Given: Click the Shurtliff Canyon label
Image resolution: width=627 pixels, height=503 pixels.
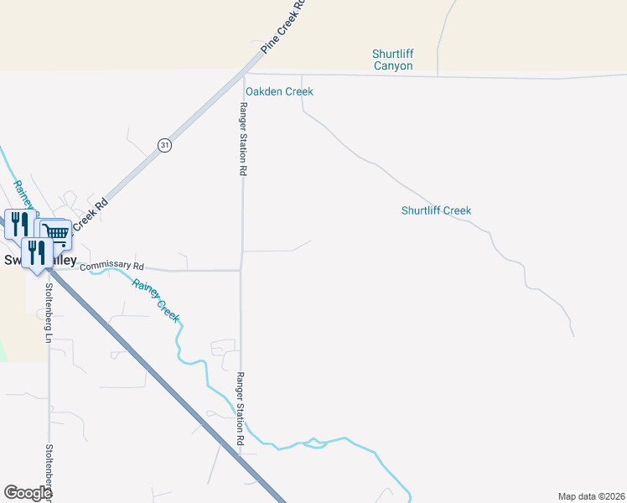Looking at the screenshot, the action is click(x=393, y=60).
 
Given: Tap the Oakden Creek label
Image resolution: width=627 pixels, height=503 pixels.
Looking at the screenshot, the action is click(x=279, y=91).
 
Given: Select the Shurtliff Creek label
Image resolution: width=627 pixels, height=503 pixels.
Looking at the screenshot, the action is click(x=436, y=210).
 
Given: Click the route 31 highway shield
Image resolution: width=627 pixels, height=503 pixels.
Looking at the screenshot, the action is click(x=164, y=145).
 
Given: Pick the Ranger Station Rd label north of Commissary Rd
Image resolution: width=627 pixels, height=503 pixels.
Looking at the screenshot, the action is click(x=243, y=138).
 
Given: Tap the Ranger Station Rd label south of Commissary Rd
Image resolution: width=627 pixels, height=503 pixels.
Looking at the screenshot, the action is click(x=241, y=408).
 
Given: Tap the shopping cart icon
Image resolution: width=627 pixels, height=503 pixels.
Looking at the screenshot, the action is click(x=56, y=231).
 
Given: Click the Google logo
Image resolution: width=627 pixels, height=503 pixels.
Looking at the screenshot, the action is click(x=28, y=493).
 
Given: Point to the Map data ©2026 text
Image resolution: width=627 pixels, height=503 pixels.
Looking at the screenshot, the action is click(x=591, y=496).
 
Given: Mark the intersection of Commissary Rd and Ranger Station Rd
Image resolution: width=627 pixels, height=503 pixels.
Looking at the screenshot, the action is click(x=241, y=270).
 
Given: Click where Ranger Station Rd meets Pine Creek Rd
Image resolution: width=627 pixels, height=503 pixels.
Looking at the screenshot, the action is click(x=246, y=73).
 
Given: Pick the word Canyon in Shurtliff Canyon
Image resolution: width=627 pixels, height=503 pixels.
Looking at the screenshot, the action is click(x=393, y=65).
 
